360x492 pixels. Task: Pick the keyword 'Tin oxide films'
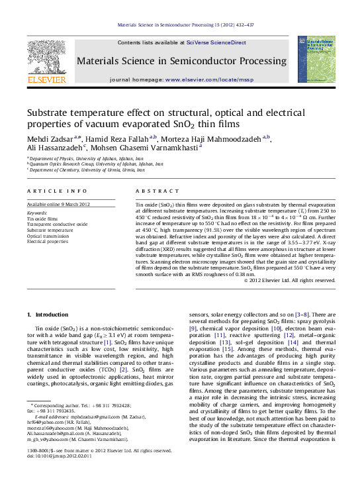(42, 218)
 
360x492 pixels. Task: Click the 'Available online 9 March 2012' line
(58, 204)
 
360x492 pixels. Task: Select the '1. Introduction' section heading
(42, 313)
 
